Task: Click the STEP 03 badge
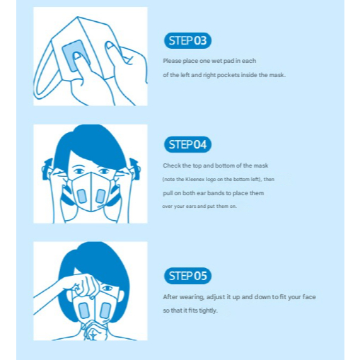tap(187, 40)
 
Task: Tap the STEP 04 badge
tap(187, 144)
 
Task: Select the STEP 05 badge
tap(187, 276)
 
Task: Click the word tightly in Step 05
tap(208, 310)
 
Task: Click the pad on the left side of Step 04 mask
tap(82, 196)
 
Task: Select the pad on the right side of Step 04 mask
tap(100, 196)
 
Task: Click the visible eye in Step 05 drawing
tap(108, 288)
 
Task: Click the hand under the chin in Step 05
tap(94, 330)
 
